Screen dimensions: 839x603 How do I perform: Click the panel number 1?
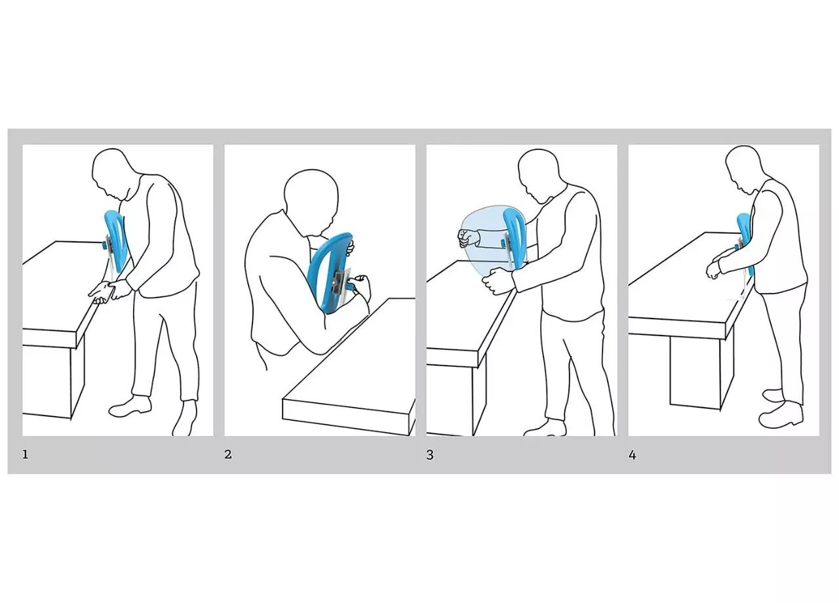pyautogui.click(x=25, y=455)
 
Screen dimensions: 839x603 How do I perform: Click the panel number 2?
pyautogui.click(x=227, y=455)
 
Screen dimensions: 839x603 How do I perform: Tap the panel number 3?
pyautogui.click(x=430, y=455)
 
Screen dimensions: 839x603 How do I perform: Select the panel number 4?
pyautogui.click(x=633, y=455)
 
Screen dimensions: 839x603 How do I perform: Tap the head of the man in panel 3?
pyautogui.click(x=538, y=176)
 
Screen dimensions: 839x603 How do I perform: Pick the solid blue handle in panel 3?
pyautogui.click(x=513, y=238)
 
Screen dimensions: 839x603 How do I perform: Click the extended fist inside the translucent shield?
pyautogui.click(x=467, y=238)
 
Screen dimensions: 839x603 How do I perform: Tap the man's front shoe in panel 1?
pyautogui.click(x=129, y=407)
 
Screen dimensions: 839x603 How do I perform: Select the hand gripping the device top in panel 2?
pyautogui.click(x=350, y=247)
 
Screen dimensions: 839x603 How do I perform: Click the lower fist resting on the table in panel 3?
pyautogui.click(x=494, y=281)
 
